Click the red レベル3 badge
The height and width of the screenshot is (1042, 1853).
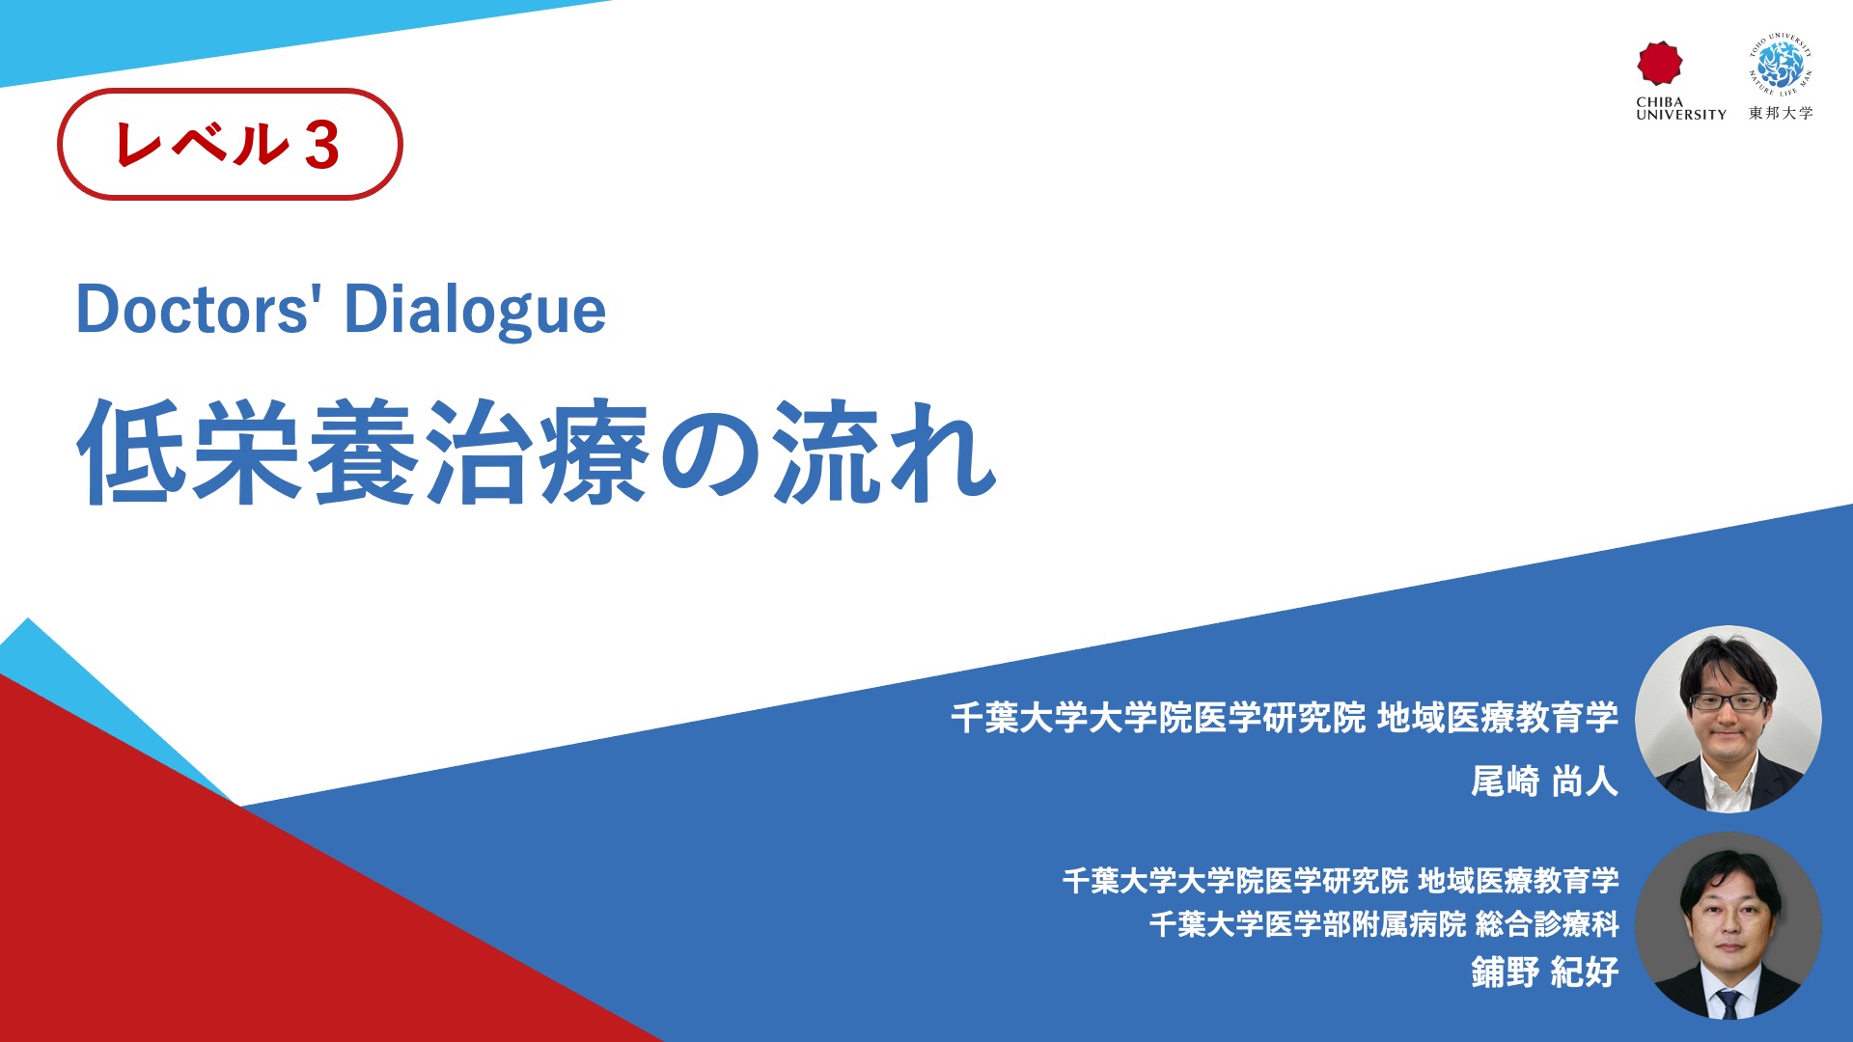(x=230, y=145)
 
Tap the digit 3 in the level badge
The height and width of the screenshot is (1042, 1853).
(x=321, y=147)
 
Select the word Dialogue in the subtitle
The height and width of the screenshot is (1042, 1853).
(x=475, y=312)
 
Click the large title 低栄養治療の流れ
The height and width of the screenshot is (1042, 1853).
(x=537, y=452)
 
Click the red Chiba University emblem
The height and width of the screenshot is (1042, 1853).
(x=1659, y=63)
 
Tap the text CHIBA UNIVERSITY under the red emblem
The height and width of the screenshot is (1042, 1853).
(x=1681, y=108)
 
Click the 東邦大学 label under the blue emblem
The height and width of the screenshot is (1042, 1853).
(x=1781, y=113)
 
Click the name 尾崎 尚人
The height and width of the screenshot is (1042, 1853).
(x=1544, y=781)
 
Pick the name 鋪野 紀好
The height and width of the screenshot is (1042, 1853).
(x=1544, y=972)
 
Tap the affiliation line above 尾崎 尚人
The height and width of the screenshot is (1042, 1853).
(x=1285, y=718)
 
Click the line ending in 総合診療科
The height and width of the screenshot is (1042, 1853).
(x=1384, y=924)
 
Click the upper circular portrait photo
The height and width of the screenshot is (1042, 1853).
(x=1729, y=719)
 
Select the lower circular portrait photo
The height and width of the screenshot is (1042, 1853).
(x=1729, y=926)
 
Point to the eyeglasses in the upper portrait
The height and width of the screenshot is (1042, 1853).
(x=1728, y=701)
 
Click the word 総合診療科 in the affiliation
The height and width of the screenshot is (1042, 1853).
(x=1547, y=924)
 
